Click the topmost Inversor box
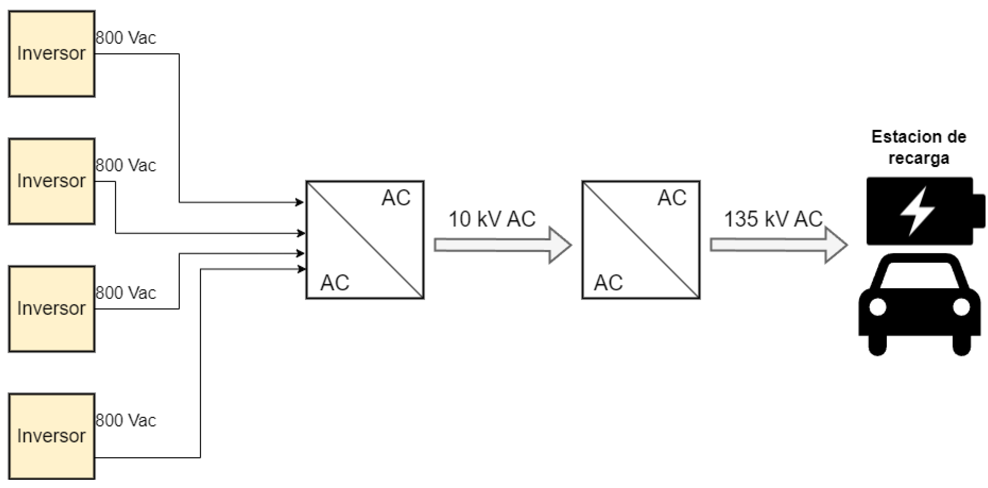coord(52,54)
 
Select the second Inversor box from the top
coord(52,181)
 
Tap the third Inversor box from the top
coord(52,309)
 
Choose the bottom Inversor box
coord(52,436)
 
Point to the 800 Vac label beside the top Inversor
coord(126,38)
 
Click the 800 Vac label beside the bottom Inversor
coord(126,420)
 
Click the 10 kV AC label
coord(492,219)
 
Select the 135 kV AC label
coord(773,219)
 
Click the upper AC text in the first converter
coord(396,198)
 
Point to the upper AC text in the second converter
coord(672,198)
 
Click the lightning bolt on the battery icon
coord(917,211)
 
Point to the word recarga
coord(919,158)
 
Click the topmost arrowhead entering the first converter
coord(300,202)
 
